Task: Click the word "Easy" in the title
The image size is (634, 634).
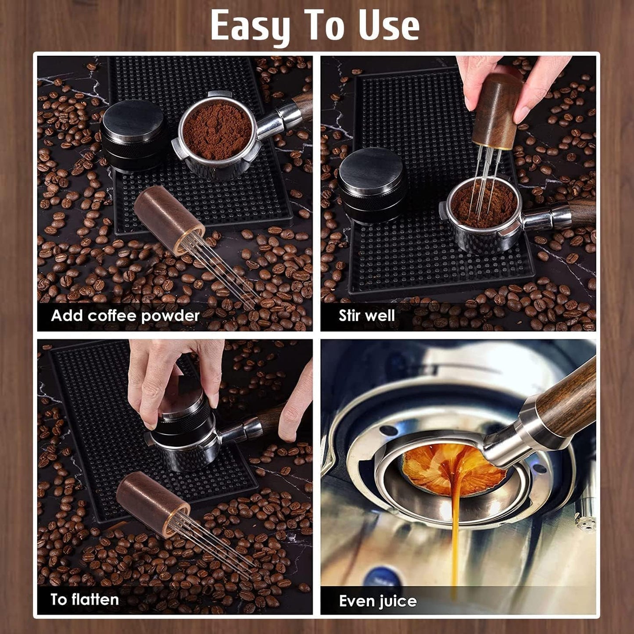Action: click(x=251, y=26)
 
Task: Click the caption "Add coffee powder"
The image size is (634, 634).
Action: click(x=125, y=315)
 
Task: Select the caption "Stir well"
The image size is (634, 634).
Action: click(x=366, y=315)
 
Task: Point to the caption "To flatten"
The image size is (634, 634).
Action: click(x=84, y=599)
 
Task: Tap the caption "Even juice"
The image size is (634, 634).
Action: click(x=377, y=600)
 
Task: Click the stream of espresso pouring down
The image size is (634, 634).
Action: click(x=455, y=527)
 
